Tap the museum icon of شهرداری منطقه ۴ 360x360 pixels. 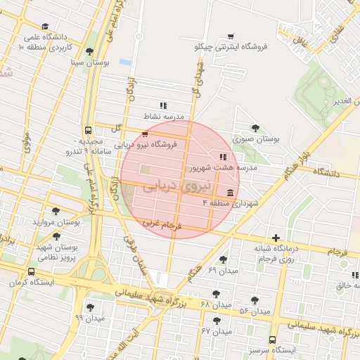[230, 193]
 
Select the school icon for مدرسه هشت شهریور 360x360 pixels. [222, 157]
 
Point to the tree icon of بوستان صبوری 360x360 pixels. [255, 128]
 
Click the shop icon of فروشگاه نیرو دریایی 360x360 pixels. [145, 134]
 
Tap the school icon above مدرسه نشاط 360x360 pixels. [163, 105]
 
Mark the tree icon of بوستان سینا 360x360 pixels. [89, 51]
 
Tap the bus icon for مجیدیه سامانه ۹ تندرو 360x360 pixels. [88, 130]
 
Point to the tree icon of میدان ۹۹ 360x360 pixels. [90, 307]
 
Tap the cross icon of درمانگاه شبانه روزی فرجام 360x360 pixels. [276, 238]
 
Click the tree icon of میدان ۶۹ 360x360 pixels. [224, 259]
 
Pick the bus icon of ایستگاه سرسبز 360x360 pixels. [273, 338]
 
